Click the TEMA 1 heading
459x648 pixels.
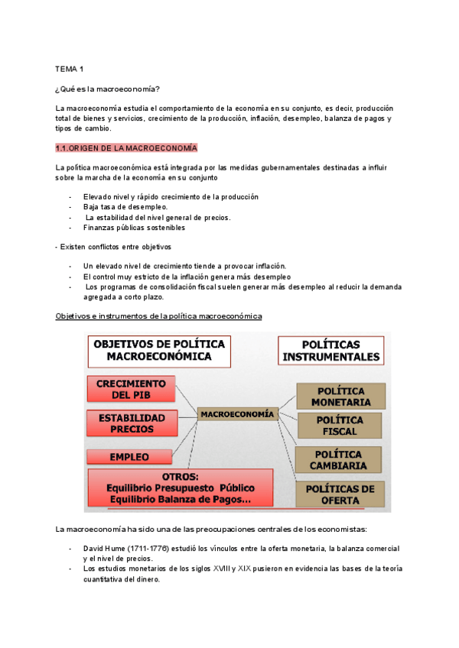pyautogui.click(x=70, y=69)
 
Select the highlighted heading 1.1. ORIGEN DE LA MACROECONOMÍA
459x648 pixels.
pyautogui.click(x=126, y=147)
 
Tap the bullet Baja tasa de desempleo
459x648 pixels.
pyautogui.click(x=125, y=207)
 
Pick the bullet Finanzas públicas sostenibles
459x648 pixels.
pyautogui.click(x=134, y=227)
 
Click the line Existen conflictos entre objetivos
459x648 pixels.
pyautogui.click(x=116, y=247)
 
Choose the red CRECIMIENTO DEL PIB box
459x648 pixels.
pyautogui.click(x=132, y=389)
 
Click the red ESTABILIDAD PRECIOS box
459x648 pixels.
pyautogui.click(x=132, y=423)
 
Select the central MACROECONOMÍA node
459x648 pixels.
pyautogui.click(x=237, y=414)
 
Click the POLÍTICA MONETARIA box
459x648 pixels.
pyautogui.click(x=339, y=396)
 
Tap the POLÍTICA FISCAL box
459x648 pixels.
pyautogui.click(x=339, y=426)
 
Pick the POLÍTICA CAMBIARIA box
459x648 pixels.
pyautogui.click(x=339, y=458)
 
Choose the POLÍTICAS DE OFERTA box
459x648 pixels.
pyautogui.click(x=339, y=494)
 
